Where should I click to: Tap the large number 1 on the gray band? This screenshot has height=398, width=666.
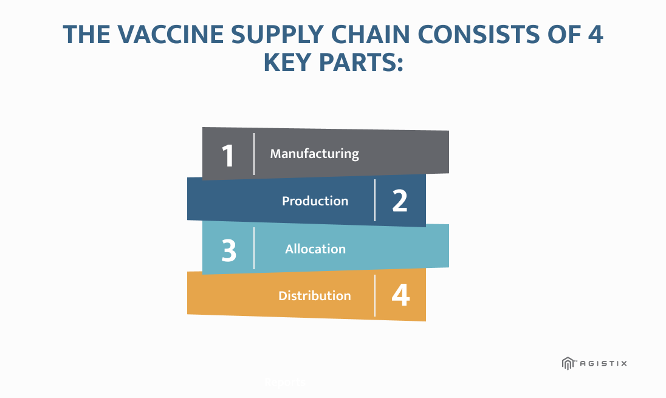point(228,156)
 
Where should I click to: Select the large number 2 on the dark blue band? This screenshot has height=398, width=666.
point(400,201)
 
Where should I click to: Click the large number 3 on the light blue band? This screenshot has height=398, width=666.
point(228,250)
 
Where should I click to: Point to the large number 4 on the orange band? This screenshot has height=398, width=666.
point(400,295)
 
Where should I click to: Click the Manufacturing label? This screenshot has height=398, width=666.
point(314,154)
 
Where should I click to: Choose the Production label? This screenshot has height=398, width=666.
point(315,201)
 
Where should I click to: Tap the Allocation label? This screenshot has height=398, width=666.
point(315,249)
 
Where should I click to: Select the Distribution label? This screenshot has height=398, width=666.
point(314,296)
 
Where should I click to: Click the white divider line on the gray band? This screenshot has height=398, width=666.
point(254,154)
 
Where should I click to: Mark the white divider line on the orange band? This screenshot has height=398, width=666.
point(375,295)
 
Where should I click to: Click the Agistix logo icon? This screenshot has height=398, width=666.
point(568,363)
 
